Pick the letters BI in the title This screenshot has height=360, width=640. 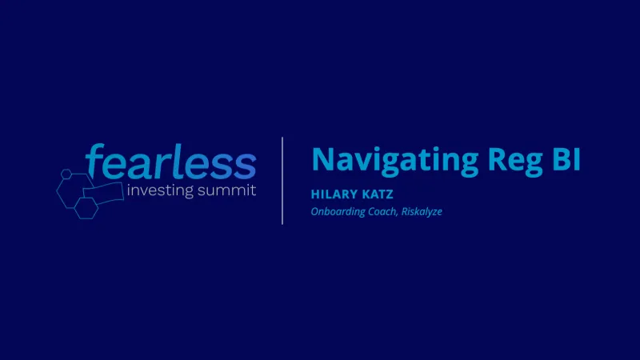pyautogui.click(x=565, y=158)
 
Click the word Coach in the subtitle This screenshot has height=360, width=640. pyautogui.click(x=388, y=211)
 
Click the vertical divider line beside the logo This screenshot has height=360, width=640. pyautogui.click(x=282, y=180)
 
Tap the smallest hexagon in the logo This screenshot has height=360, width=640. pyautogui.click(x=66, y=172)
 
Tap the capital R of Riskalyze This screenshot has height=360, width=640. pyautogui.click(x=405, y=211)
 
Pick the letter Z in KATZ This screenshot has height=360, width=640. pyautogui.click(x=389, y=195)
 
